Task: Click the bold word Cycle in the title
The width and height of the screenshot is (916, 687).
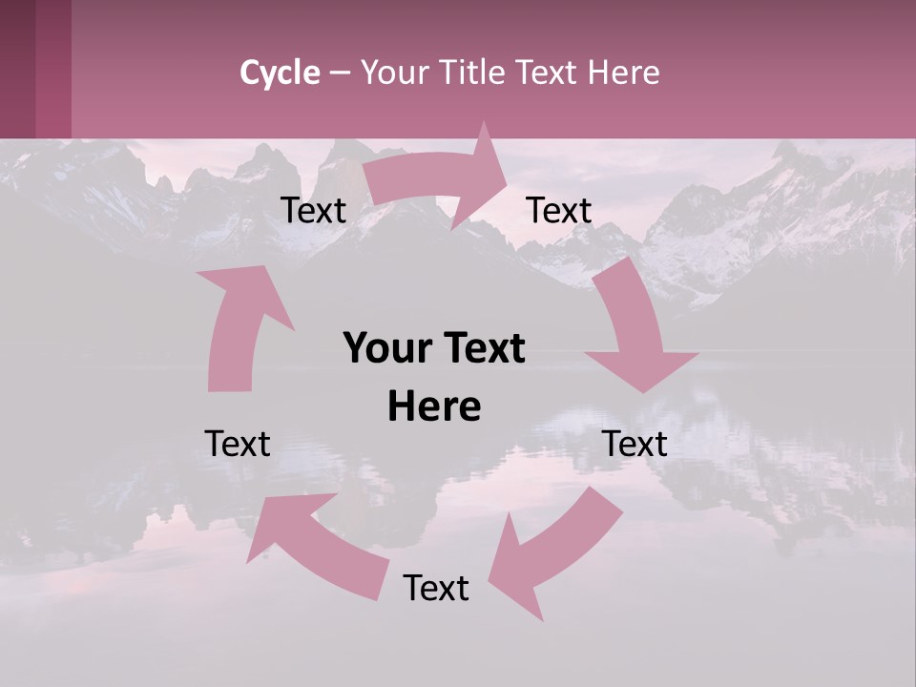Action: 280,73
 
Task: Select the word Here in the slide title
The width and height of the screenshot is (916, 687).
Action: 624,73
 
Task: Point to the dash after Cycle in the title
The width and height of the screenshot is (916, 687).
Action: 340,73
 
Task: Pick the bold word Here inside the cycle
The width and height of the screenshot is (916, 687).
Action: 434,407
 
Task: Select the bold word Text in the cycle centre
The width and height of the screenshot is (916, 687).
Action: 478,349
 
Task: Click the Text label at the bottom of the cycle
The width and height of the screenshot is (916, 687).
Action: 436,588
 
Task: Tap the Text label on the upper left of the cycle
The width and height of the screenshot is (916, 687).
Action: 313,210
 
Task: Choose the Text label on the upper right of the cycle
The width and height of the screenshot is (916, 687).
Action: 559,210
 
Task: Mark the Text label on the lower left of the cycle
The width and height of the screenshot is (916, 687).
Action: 238,444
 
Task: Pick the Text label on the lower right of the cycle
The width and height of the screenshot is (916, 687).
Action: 635,444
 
